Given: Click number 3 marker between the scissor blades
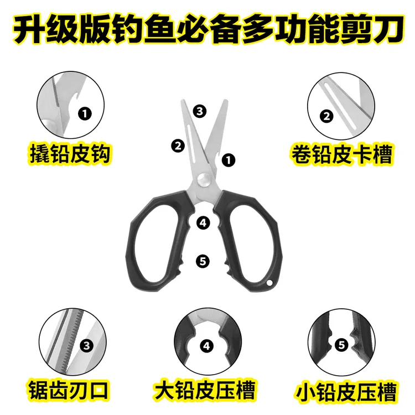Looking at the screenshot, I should coord(200,111).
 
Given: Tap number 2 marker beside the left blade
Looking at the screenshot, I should coord(178,146).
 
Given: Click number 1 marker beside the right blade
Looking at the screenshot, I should coord(227,160).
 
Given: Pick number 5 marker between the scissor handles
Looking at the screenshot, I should coord(203,261).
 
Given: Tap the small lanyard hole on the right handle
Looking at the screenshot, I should coord(270,284).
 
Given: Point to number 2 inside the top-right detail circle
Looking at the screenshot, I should coord(327,116).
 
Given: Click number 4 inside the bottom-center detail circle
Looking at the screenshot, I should coord(206,347).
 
